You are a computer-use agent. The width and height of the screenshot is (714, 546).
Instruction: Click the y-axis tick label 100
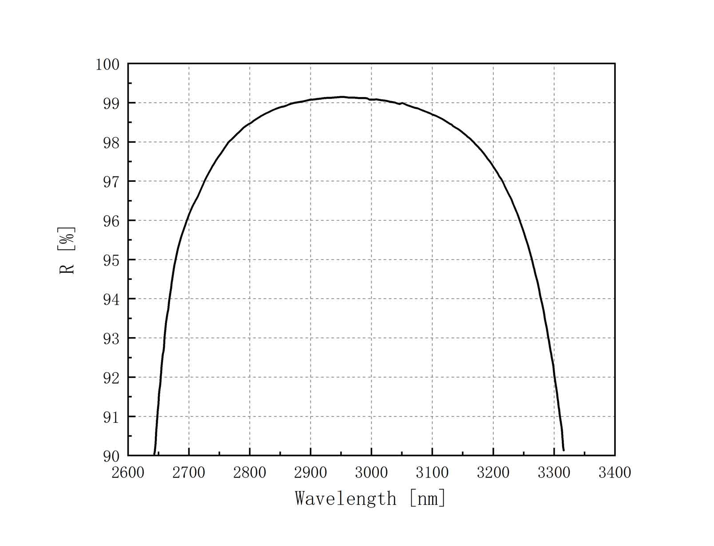point(107,65)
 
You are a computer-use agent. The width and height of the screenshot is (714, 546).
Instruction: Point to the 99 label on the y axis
point(111,104)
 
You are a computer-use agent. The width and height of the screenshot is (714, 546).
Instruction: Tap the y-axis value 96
point(111,221)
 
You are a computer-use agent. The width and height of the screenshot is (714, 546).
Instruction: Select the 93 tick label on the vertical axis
point(111,339)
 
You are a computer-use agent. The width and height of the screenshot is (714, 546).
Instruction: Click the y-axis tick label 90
point(111,456)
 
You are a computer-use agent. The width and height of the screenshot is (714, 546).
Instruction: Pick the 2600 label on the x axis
point(128,473)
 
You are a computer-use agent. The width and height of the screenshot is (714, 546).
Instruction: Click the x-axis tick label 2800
point(250,473)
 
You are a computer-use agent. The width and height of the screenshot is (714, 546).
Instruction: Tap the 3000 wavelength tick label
point(371,473)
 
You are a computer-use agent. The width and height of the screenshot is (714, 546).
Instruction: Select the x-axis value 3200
point(493,473)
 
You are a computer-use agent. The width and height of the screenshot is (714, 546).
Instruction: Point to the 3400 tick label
point(615,473)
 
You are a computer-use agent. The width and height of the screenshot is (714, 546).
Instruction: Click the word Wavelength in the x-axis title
point(345,499)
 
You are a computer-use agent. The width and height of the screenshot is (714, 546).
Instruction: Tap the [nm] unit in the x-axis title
point(427,499)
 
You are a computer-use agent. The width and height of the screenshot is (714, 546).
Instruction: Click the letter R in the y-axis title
point(67,268)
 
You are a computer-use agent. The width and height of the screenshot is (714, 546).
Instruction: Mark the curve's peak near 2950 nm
point(341,97)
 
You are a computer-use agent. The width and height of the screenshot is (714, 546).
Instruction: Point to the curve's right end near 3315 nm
point(563,450)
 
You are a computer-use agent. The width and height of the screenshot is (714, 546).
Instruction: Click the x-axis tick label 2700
point(189,473)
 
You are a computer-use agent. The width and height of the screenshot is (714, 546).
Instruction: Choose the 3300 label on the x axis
point(554,473)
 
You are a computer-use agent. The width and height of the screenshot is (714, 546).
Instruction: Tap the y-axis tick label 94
point(111,300)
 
